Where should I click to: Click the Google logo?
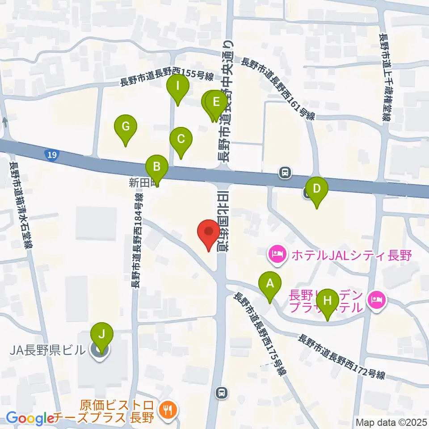[30, 419]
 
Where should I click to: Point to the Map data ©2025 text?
[391, 422]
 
